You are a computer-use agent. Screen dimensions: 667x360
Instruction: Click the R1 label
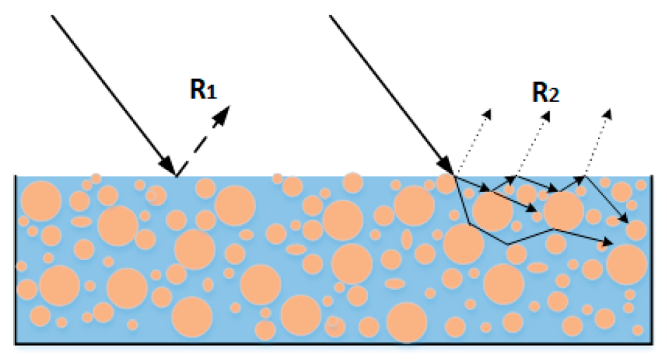[203, 90]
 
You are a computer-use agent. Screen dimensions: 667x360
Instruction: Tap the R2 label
[546, 92]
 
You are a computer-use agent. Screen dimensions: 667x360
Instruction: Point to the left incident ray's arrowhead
[168, 165]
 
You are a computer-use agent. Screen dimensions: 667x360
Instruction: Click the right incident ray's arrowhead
[446, 165]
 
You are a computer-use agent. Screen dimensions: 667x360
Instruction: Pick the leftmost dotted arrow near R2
[474, 143]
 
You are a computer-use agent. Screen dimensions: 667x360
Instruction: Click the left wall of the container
[15, 259]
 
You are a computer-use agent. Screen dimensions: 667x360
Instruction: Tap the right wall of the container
[652, 259]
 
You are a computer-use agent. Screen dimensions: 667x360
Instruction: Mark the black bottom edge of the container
[334, 342]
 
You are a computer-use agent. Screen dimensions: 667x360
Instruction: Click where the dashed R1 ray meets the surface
[177, 176]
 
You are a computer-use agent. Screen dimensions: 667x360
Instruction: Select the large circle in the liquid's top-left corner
[42, 201]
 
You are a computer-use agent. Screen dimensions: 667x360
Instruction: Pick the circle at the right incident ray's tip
[446, 184]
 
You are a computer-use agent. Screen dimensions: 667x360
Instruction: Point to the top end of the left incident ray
[52, 15]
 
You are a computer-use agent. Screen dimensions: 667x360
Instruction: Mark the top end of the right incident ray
[330, 15]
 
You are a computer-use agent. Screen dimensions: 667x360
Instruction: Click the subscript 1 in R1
[212, 93]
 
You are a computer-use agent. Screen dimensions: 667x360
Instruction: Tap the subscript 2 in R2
[554, 96]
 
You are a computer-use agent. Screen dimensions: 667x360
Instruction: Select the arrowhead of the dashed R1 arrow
[223, 115]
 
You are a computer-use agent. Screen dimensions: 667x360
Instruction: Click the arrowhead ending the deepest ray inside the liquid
[606, 243]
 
